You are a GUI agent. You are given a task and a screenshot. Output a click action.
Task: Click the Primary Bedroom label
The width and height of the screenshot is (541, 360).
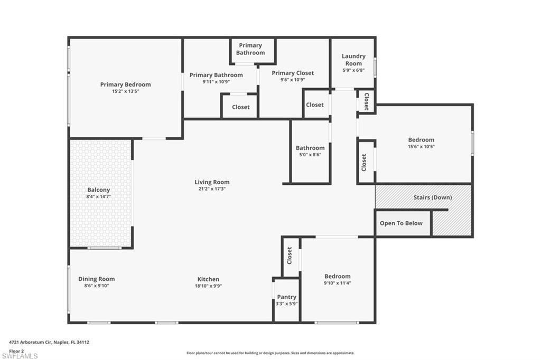125,84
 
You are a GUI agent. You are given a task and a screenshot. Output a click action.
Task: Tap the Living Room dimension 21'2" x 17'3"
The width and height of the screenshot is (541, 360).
212,189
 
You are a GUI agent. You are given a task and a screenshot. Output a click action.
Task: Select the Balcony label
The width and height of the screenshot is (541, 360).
98,190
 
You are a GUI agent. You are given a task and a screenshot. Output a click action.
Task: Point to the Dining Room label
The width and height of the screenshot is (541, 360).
96,279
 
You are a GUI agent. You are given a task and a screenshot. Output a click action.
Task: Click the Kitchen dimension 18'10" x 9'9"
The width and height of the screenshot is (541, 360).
208,286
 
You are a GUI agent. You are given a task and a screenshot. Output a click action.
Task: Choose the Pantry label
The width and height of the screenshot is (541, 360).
286,297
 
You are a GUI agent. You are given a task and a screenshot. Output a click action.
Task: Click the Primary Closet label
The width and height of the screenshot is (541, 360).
293,73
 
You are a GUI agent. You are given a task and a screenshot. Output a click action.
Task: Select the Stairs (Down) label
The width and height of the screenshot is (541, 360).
432,197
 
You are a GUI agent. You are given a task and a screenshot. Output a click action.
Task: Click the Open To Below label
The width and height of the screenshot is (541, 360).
401,223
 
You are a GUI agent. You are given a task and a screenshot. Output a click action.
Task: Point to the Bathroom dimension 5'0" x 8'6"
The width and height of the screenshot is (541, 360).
310,155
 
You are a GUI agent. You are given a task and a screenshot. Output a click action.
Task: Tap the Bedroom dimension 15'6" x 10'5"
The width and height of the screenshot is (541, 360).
421,147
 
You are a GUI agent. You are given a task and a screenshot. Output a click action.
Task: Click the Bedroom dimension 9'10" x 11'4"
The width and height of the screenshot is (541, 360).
337,283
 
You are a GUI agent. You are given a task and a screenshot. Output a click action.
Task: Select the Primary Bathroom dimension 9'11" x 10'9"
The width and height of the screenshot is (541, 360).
216,82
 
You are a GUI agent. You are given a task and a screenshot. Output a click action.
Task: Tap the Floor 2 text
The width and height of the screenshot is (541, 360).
16,350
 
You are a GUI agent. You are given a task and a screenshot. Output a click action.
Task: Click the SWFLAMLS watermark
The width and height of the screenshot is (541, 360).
20,356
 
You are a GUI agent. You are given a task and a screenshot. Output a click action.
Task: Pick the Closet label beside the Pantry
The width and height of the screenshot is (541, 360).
290,255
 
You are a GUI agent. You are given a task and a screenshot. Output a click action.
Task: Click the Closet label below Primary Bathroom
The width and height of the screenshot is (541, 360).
240,107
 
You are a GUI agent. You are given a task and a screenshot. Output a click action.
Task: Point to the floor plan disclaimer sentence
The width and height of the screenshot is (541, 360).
270,353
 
